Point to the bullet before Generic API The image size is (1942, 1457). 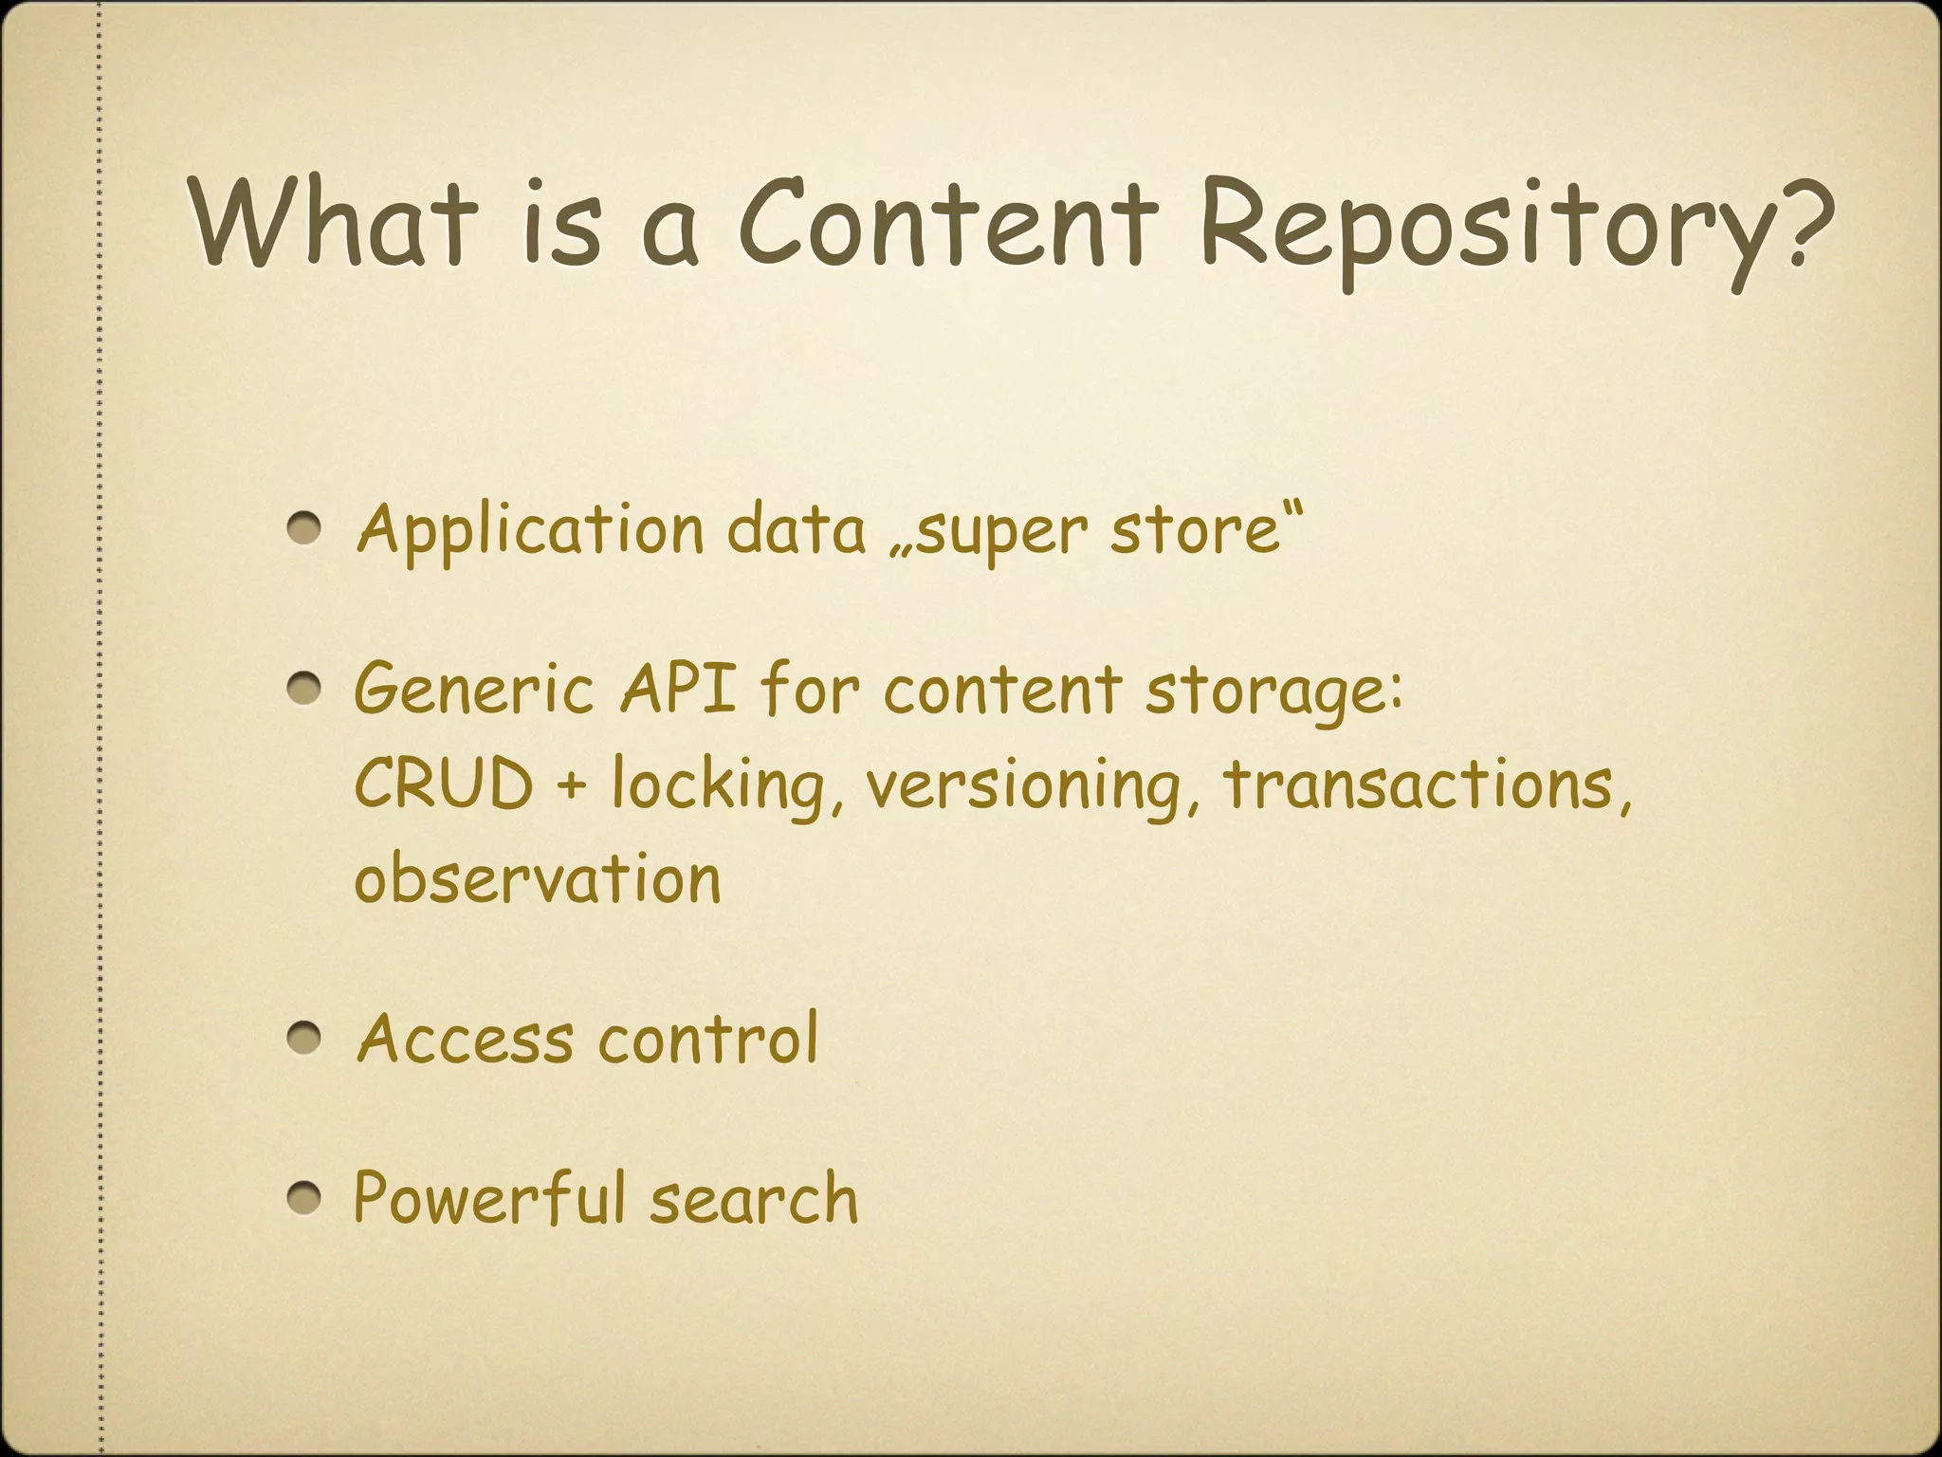tap(305, 688)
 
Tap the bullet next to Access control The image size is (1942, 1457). tap(305, 1039)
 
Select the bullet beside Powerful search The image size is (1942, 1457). tap(305, 1198)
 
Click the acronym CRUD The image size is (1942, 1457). tap(444, 784)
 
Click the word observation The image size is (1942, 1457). tap(537, 879)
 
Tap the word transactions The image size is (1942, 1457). tap(1419, 784)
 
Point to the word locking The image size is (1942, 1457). tap(718, 787)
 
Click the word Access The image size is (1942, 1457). tap(465, 1039)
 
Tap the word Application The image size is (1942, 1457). tap(529, 531)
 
